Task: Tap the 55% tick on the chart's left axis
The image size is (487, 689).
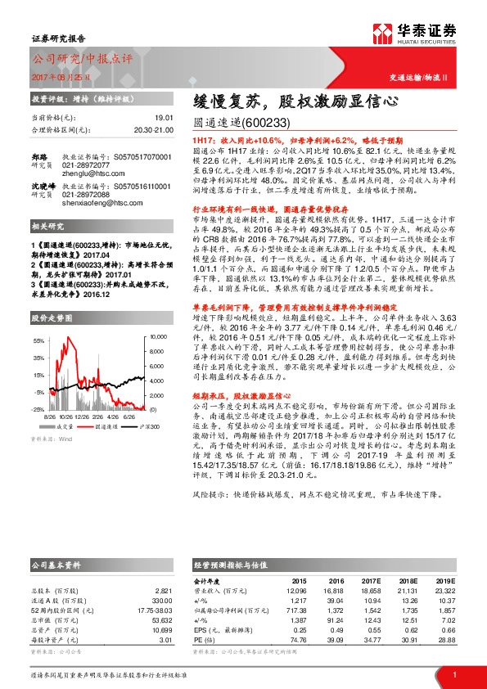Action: [x=38, y=339]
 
